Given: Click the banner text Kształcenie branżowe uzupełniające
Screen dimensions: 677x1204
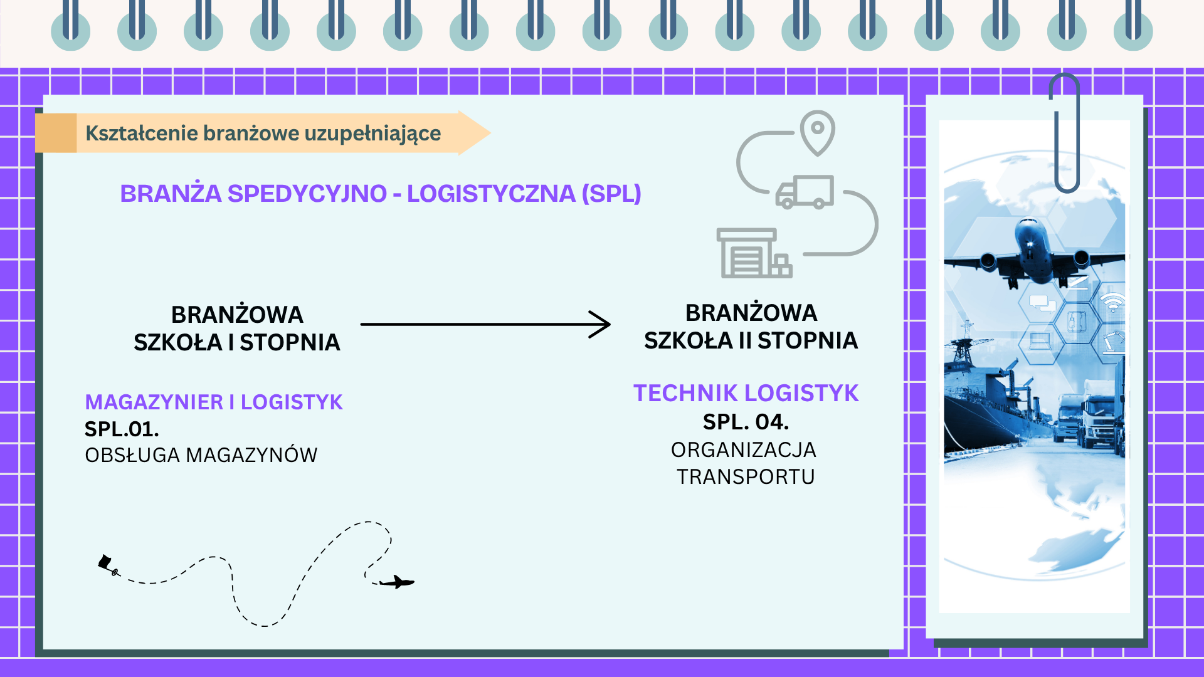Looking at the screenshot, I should pyautogui.click(x=263, y=134).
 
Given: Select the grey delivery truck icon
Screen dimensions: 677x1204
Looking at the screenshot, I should pyautogui.click(x=805, y=192).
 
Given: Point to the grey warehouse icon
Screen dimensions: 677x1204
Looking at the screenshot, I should pyautogui.click(x=753, y=253).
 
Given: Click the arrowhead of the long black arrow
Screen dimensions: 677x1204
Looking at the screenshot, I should pyautogui.click(x=602, y=324).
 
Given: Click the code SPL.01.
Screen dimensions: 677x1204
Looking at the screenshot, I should pyautogui.click(x=122, y=429).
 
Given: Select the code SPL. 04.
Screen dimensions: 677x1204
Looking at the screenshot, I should pyautogui.click(x=746, y=422).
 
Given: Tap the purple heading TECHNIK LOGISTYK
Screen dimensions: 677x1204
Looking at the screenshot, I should pyautogui.click(x=746, y=393).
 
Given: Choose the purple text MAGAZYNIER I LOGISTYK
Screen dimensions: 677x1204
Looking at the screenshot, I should pyautogui.click(x=214, y=402).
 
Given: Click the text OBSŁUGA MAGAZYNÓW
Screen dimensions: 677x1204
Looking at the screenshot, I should pyautogui.click(x=201, y=455).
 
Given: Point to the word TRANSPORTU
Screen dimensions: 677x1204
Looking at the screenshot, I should pyautogui.click(x=746, y=477).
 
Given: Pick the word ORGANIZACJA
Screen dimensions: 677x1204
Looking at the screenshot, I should pyautogui.click(x=744, y=450).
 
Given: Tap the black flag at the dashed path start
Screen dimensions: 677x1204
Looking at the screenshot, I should pyautogui.click(x=105, y=561).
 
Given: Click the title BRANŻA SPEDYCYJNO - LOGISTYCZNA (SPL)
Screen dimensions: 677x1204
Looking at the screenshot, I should pyautogui.click(x=380, y=194).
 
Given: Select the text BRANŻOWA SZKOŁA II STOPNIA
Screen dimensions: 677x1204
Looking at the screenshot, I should pyautogui.click(x=751, y=327).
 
